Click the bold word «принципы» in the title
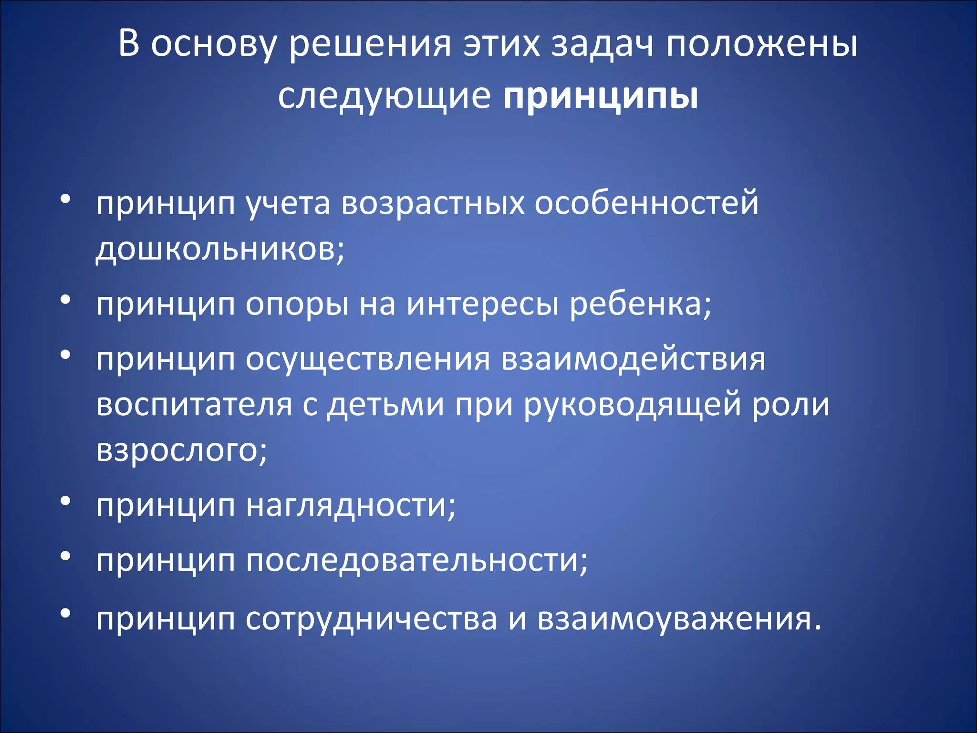[601, 97]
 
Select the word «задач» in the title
[602, 44]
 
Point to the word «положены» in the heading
[762, 44]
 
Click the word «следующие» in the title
[384, 97]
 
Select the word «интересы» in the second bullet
[482, 304]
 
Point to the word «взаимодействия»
[633, 359]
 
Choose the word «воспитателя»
[194, 404]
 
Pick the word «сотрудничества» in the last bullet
[372, 619]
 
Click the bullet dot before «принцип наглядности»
[66, 501]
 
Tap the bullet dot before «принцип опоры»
[66, 299]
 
